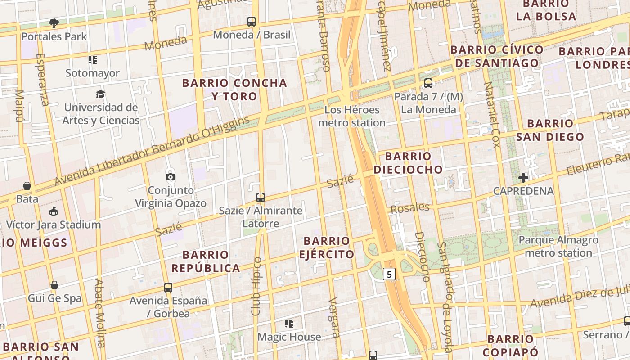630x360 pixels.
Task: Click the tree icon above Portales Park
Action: [54, 23]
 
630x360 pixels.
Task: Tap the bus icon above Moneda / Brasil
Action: [252, 21]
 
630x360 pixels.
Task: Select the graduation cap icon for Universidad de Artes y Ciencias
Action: [100, 94]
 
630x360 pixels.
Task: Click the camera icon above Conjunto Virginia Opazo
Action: [171, 177]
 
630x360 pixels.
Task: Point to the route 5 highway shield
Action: [389, 274]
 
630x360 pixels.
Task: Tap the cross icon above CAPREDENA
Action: [523, 177]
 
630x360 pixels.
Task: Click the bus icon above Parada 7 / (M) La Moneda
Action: [428, 83]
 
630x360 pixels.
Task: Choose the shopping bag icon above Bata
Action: [27, 185]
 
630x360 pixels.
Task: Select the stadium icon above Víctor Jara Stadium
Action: [54, 211]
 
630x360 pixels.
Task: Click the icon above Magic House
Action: [289, 323]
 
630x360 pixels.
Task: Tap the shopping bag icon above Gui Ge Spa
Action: [54, 284]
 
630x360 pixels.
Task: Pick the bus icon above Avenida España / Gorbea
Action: [168, 287]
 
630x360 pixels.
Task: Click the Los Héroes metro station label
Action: [351, 116]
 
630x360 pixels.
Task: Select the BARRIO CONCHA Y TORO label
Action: [234, 90]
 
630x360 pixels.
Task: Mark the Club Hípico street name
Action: [256, 286]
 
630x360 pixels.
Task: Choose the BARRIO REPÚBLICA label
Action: [206, 261]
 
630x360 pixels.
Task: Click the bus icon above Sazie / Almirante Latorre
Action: [260, 197]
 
